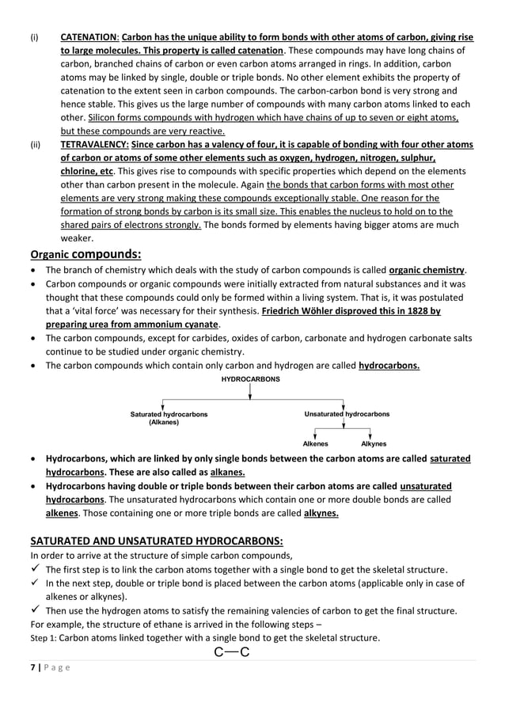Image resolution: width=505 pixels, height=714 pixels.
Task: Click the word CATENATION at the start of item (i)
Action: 89,37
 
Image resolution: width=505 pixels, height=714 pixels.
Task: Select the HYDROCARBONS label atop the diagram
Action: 250,380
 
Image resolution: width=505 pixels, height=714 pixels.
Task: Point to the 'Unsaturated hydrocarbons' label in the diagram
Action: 347,414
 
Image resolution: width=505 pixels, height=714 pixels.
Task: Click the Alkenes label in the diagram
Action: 315,444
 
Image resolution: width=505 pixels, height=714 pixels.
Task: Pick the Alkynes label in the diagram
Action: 374,444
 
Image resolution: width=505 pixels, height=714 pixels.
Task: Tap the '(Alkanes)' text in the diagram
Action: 164,423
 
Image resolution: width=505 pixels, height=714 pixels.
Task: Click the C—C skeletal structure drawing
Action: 232,652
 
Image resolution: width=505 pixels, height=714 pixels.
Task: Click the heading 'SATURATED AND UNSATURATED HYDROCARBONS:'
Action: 156,541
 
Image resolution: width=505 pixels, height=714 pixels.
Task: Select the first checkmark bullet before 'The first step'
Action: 35,569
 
